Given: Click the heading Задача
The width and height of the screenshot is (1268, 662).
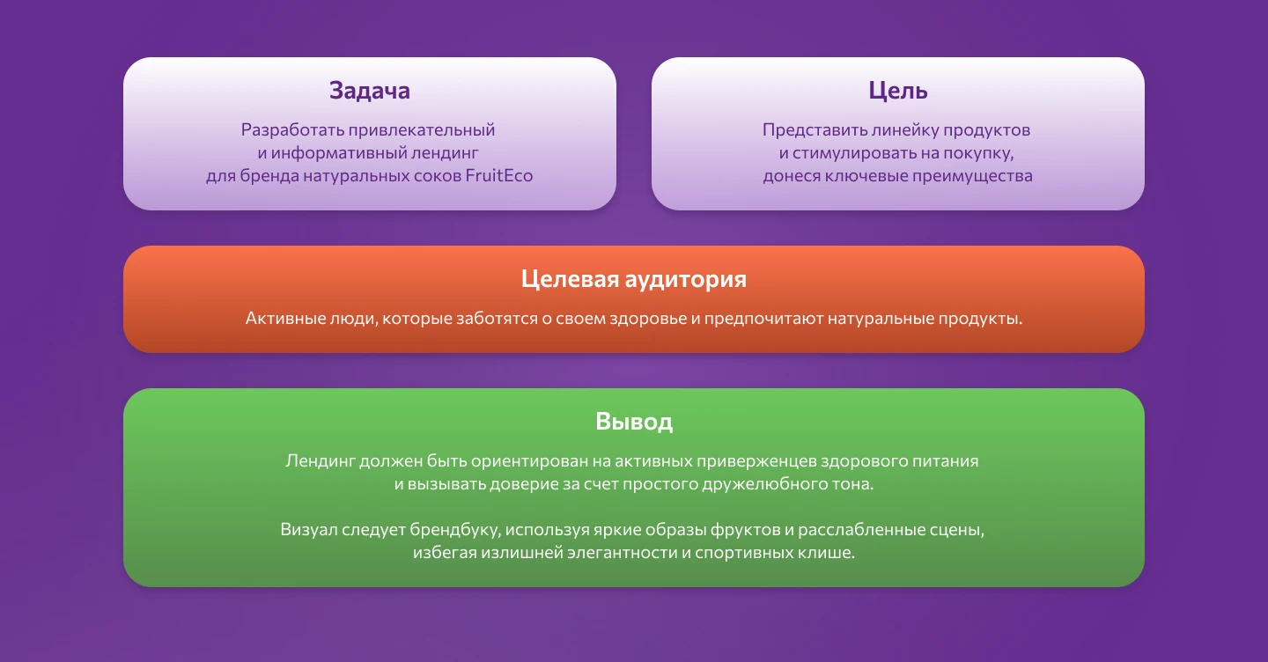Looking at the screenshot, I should pyautogui.click(x=370, y=91).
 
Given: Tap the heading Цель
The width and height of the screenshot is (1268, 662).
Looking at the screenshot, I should pyautogui.click(x=898, y=91).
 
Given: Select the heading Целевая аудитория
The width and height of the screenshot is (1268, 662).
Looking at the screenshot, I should pyautogui.click(x=634, y=279).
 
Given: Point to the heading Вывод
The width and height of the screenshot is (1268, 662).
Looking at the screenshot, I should pyautogui.click(x=634, y=421).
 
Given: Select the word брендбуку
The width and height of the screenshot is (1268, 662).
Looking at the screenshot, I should pyautogui.click(x=456, y=531).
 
